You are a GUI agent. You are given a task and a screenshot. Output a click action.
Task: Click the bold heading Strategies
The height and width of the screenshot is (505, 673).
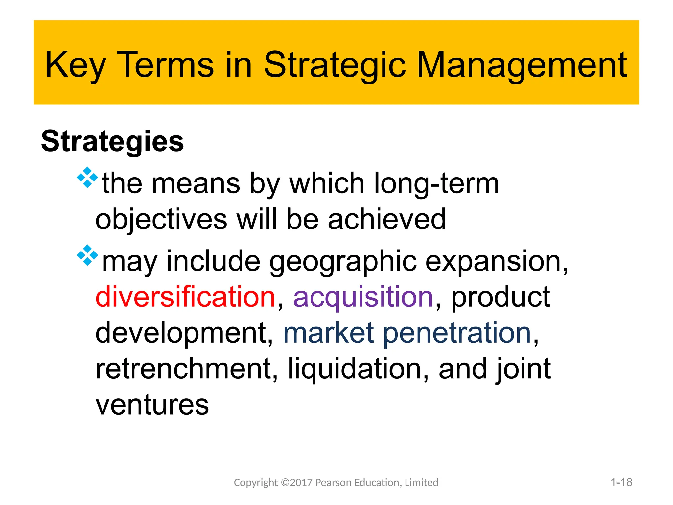[x=112, y=141]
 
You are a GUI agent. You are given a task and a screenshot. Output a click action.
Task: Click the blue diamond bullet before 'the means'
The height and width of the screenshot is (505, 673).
[x=87, y=178]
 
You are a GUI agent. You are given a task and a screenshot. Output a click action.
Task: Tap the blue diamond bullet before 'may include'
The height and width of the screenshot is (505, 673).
[x=87, y=255]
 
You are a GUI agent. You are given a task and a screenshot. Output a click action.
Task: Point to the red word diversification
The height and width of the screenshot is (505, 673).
[x=185, y=297]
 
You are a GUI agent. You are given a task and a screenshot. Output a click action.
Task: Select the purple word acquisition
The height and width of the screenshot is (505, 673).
[x=363, y=297]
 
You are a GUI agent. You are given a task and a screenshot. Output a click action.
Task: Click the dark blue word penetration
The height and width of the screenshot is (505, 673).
[x=457, y=333]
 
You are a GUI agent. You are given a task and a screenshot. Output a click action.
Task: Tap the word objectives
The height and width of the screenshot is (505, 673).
[x=161, y=219]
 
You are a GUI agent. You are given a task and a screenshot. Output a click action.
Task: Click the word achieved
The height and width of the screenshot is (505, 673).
[x=387, y=219]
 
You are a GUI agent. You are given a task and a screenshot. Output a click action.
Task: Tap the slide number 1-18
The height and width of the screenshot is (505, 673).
[x=621, y=482]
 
